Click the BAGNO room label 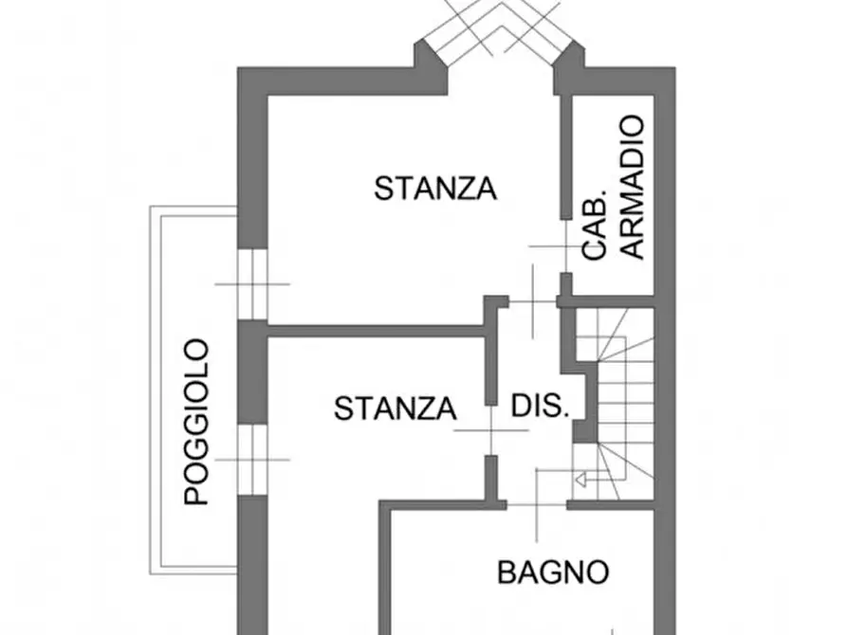pos(553,572)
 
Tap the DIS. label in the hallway pos(541,406)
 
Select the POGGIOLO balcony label pos(196,422)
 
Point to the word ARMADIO pos(632,187)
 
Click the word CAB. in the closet pos(595,225)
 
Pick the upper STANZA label pos(435,189)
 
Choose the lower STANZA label pos(396,408)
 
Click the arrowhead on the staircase pos(581,480)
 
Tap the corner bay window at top pos(501,33)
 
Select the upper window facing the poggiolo pos(253,284)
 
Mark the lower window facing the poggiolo pos(253,460)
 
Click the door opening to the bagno pos(537,505)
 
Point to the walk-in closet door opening pos(565,246)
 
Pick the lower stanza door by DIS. pos(491,430)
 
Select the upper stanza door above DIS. pos(533,301)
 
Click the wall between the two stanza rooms pos(376,331)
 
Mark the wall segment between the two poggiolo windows pos(253,372)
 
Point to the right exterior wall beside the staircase pos(665,405)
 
